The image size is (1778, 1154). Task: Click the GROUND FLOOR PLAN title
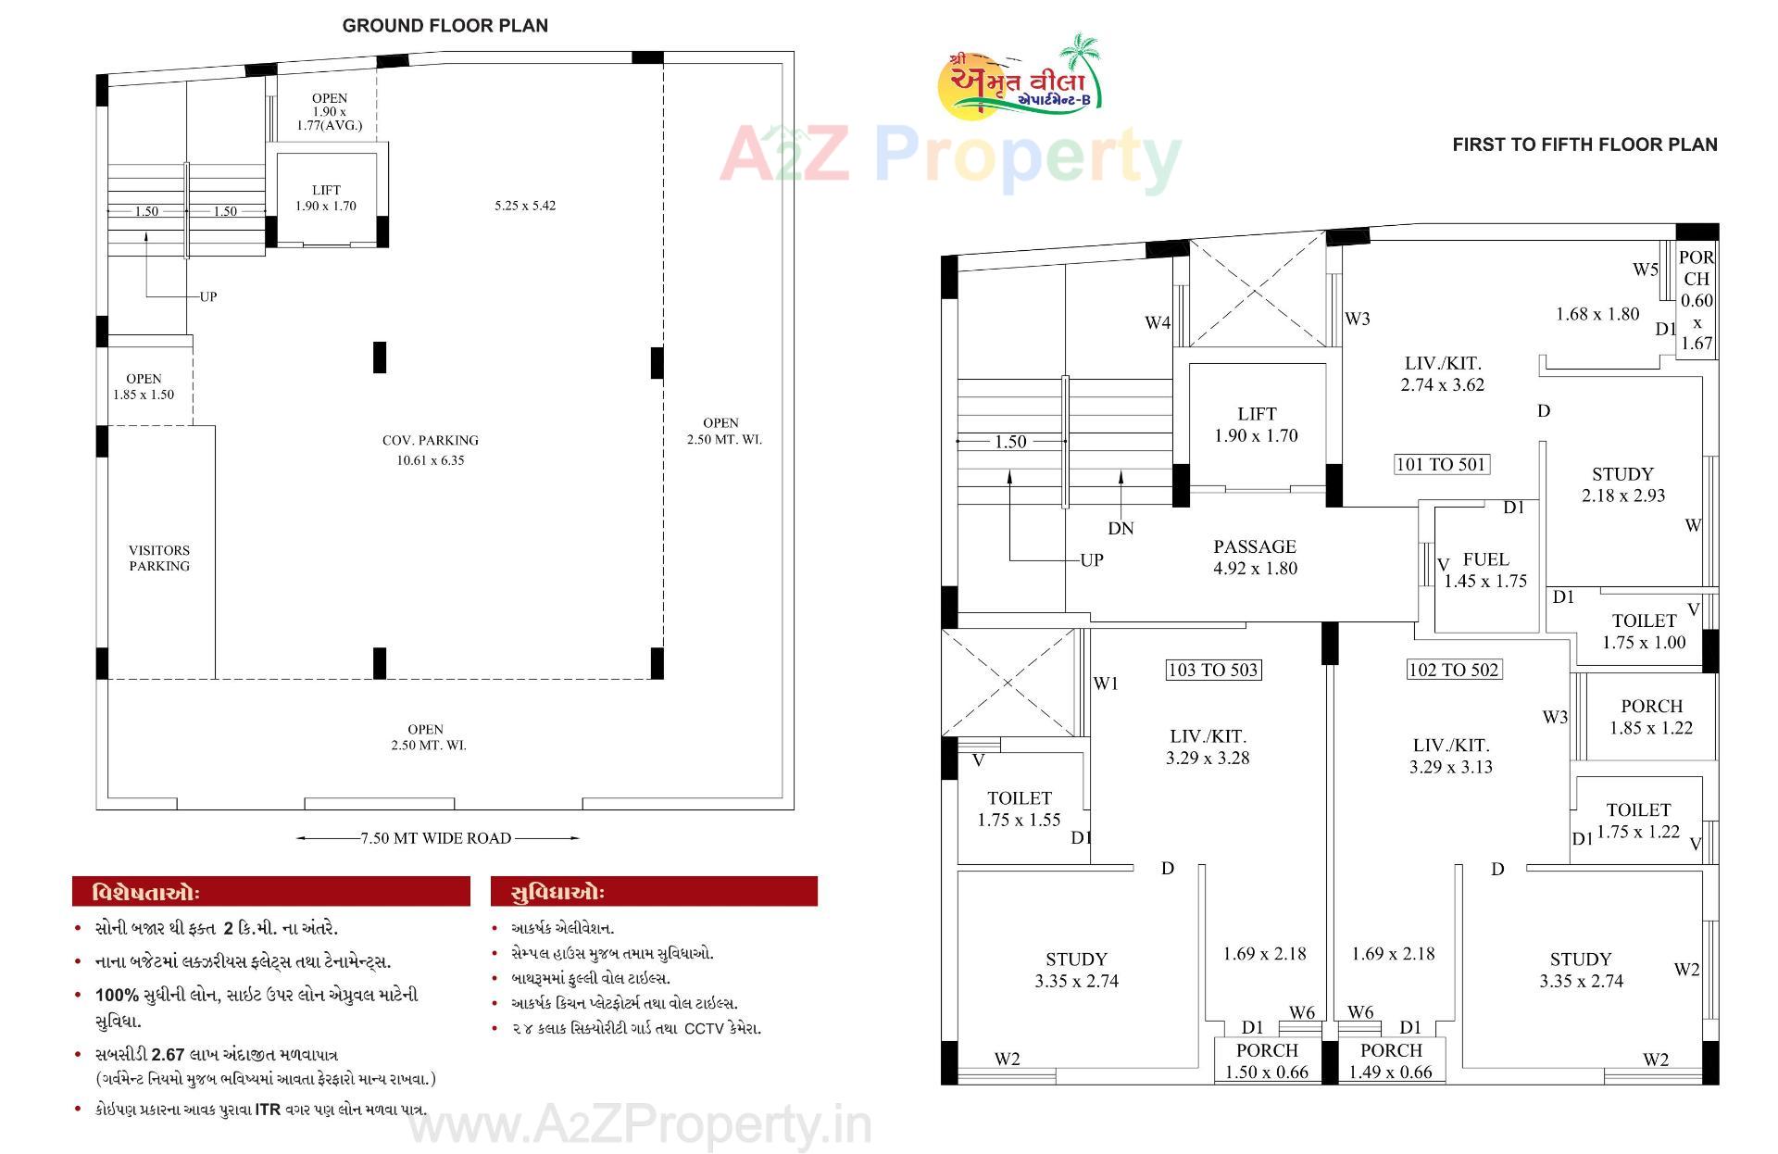pos(444,26)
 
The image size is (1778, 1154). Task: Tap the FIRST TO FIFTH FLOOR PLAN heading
pos(1584,144)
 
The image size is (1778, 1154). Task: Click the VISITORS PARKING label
pos(159,558)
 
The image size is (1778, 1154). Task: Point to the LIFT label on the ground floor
pos(326,197)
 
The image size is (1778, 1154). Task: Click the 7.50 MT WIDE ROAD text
pos(436,838)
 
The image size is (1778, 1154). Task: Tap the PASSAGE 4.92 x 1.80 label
pos(1255,558)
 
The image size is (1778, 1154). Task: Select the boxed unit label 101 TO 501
pos(1441,464)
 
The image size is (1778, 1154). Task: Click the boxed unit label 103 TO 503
pos(1213,670)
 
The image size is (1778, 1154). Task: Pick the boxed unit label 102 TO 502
pos(1453,670)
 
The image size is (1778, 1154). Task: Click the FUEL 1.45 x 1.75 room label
pos(1485,570)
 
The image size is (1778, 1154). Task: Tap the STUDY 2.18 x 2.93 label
pos(1622,484)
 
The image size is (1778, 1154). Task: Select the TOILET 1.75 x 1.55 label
pos(1019,809)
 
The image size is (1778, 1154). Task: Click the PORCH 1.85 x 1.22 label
pos(1651,717)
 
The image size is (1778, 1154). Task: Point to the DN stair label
pos(1121,528)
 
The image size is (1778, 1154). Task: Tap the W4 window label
pos(1158,322)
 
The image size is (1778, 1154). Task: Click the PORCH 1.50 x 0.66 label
pos(1267,1061)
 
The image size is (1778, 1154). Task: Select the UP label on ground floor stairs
pos(208,296)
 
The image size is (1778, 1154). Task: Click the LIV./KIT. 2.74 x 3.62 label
pos(1442,373)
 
